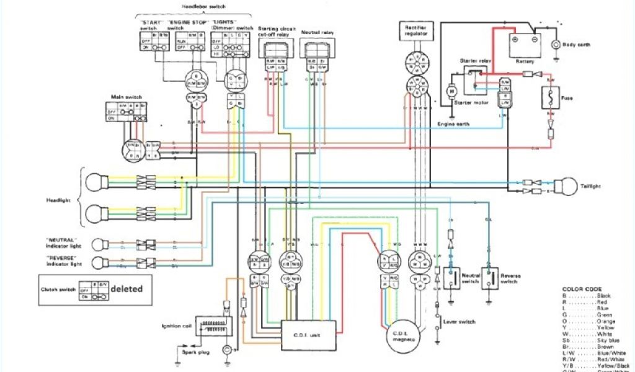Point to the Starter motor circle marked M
451,91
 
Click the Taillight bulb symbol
566,187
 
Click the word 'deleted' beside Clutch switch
127,288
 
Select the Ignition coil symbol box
213,326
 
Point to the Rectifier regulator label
415,31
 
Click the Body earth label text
576,45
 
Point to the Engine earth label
453,124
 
